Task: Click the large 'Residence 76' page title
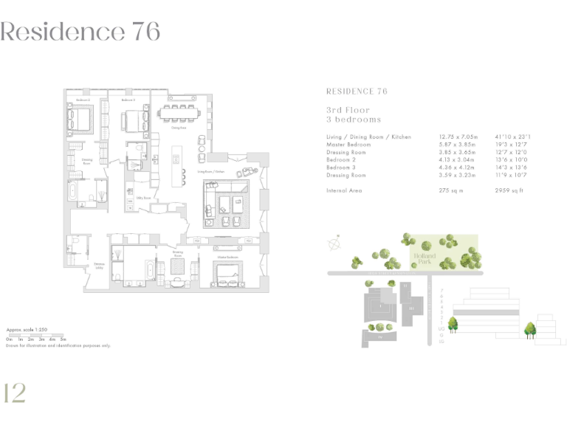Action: click(80, 32)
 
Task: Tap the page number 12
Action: click(15, 393)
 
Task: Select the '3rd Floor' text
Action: click(348, 110)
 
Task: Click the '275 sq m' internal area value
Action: click(453, 190)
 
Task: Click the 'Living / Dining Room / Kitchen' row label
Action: click(368, 137)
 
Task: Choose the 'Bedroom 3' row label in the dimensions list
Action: click(343, 168)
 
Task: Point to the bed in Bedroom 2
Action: click(80, 117)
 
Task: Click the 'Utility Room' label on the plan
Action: click(134, 198)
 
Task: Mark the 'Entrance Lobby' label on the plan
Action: click(98, 266)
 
